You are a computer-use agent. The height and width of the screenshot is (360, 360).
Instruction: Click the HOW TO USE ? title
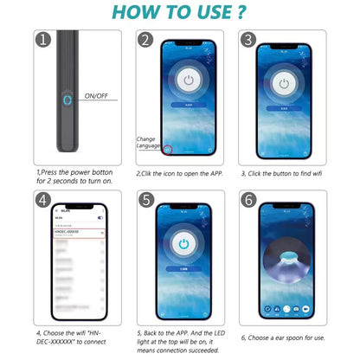coord(179,13)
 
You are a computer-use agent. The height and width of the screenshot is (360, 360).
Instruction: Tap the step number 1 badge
coord(41,40)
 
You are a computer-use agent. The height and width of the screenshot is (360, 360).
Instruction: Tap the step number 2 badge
coord(146,41)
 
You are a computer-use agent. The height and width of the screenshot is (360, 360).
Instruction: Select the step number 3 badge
coord(247,41)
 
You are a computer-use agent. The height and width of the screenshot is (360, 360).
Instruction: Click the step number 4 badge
coord(42,198)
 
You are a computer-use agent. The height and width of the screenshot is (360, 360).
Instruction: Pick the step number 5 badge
coord(146,198)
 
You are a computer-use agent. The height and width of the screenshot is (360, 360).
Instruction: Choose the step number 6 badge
coord(247,198)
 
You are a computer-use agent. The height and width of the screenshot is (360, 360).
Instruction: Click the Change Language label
coord(147,143)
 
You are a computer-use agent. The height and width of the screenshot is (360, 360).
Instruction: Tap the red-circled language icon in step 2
coord(168,149)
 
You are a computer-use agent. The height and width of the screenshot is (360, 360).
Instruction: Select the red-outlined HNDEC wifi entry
coord(78,233)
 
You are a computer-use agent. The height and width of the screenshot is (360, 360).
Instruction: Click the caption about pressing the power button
coord(75,177)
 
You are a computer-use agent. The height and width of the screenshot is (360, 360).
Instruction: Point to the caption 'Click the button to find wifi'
coord(283,172)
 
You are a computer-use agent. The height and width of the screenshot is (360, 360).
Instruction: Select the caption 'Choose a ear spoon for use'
coord(283,337)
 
